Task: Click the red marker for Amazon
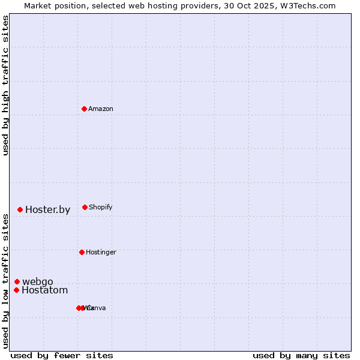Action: click(85, 109)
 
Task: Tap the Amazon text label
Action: click(101, 109)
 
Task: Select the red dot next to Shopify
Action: click(85, 207)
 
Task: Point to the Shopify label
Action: click(101, 208)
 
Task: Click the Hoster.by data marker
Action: click(20, 209)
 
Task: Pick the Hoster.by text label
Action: click(47, 210)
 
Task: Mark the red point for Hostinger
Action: click(82, 252)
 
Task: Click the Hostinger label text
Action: click(101, 253)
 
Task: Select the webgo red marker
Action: click(17, 281)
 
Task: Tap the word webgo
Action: click(38, 282)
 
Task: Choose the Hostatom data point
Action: click(16, 290)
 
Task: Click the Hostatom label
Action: click(44, 290)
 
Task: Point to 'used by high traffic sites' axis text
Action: click(5, 85)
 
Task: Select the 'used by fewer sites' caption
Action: click(62, 355)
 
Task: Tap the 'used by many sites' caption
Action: click(301, 355)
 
